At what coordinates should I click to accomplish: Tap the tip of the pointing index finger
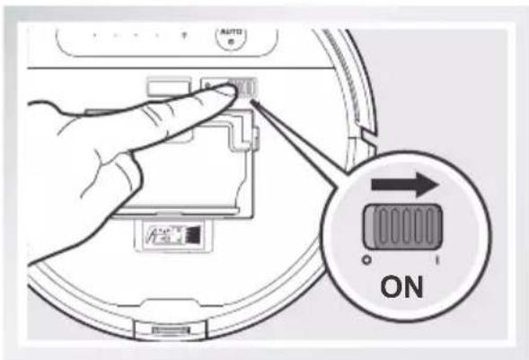[221, 93]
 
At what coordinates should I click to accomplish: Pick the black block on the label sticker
[188, 237]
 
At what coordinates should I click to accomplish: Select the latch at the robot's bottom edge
[172, 333]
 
